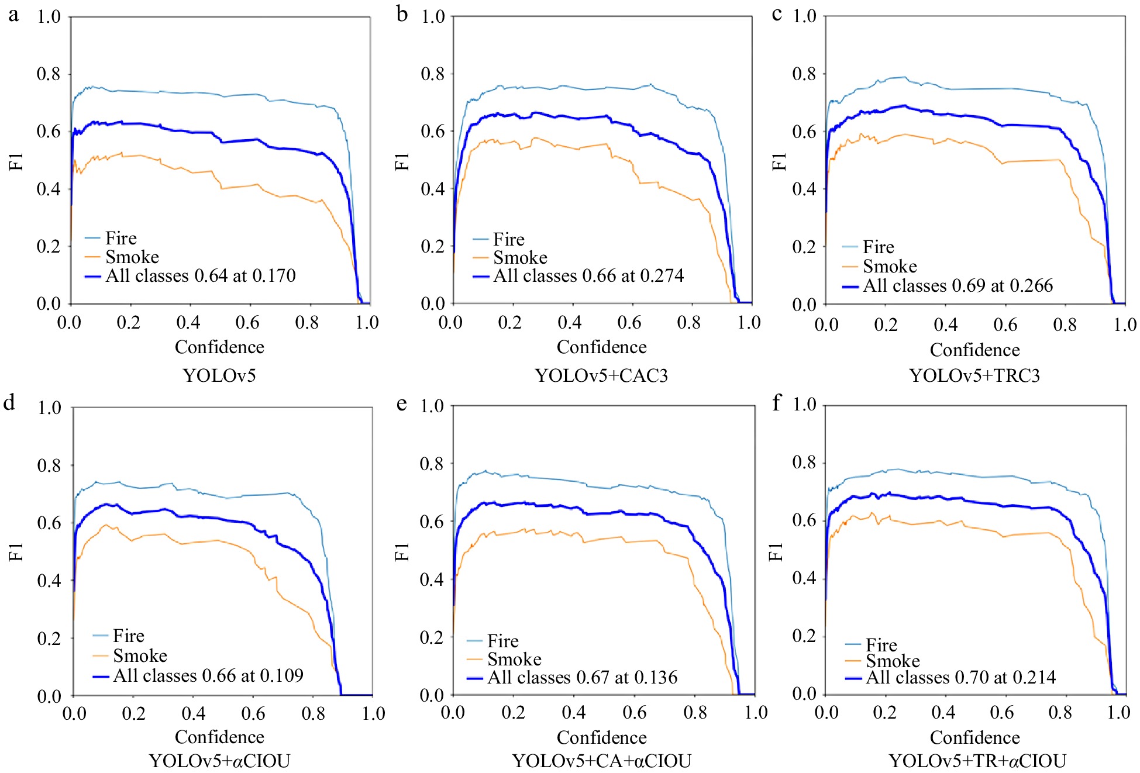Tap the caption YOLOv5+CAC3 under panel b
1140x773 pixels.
pos(601,375)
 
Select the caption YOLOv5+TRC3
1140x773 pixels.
pos(974,375)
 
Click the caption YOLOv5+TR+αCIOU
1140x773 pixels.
pos(977,761)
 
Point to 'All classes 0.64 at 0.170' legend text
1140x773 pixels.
pos(200,275)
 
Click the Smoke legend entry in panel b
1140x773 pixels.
pos(520,257)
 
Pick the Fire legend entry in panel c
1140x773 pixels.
pos(878,247)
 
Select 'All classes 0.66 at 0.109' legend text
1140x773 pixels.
pos(208,675)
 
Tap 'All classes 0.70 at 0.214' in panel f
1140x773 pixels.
pos(960,677)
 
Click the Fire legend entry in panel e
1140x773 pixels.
pos(502,641)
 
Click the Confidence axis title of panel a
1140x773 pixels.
pos(219,347)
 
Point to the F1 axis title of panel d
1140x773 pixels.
pos(16,551)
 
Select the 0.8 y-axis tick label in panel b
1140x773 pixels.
pos(433,74)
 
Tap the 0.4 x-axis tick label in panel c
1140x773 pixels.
pos(945,325)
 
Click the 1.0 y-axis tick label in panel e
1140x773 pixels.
pos(432,405)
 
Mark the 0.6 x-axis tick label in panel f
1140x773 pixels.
pos(1001,712)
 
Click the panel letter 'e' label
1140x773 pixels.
pos(401,403)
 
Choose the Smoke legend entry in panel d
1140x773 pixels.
pos(140,655)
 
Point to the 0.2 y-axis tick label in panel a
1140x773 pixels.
pos(49,246)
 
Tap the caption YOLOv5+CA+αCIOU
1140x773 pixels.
pos(601,761)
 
